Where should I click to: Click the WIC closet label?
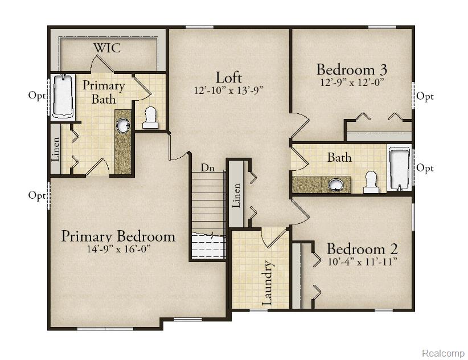click(x=107, y=48)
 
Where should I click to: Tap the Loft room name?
click(x=228, y=77)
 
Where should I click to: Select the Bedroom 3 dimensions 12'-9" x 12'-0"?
click(x=352, y=82)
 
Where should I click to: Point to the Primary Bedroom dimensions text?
click(x=118, y=249)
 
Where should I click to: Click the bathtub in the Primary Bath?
click(x=63, y=96)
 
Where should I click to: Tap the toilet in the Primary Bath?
click(x=150, y=118)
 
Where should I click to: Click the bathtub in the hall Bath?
click(x=399, y=169)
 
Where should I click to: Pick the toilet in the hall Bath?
click(x=371, y=182)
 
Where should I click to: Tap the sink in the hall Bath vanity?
click(x=336, y=185)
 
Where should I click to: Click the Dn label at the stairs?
click(x=207, y=168)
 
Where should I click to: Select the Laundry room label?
click(x=267, y=283)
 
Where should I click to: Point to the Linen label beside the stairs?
click(x=236, y=195)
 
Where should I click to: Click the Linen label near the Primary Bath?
click(x=56, y=149)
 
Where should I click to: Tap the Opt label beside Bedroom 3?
click(x=425, y=96)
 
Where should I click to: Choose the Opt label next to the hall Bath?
click(x=425, y=168)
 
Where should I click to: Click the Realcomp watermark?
click(x=443, y=353)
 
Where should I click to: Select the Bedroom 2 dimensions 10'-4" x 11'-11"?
click(x=362, y=262)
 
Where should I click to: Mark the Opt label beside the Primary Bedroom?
click(x=36, y=195)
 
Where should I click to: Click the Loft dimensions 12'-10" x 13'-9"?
click(x=228, y=90)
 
